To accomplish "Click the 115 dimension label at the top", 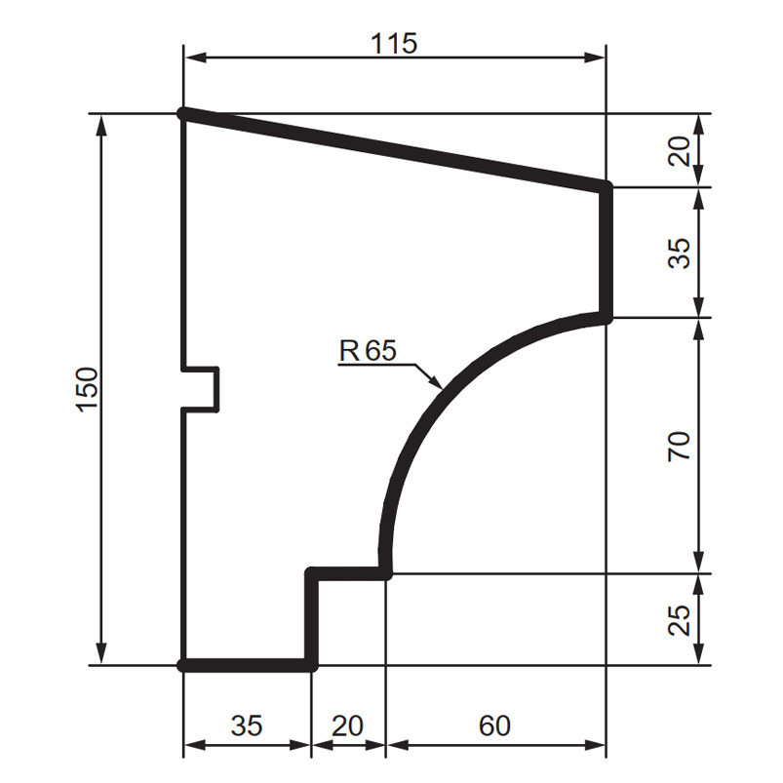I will (394, 44).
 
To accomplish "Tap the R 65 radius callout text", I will (368, 350).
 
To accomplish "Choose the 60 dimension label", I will (494, 725).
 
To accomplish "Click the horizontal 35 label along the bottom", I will (246, 725).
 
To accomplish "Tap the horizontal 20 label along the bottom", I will (347, 725).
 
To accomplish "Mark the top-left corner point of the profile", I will (184, 114).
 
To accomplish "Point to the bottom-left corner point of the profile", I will (184, 665).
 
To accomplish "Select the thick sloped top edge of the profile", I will (395, 149).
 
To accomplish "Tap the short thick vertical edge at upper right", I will (607, 252).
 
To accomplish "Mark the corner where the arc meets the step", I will (386, 573).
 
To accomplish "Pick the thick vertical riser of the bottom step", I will (313, 619).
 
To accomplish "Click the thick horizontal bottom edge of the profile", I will (249, 665).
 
